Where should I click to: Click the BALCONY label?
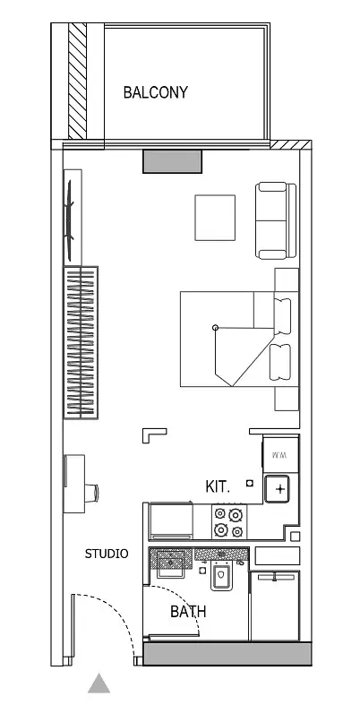(156, 92)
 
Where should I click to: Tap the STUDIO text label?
(107, 554)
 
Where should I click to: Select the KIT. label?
(218, 486)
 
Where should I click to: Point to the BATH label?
(188, 611)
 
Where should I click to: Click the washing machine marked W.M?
(281, 454)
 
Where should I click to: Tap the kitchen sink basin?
(277, 489)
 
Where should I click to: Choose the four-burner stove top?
(229, 521)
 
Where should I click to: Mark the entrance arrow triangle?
(99, 683)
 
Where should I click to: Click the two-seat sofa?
(276, 220)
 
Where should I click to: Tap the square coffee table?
(215, 218)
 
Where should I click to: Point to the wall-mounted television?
(70, 219)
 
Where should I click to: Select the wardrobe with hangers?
(81, 342)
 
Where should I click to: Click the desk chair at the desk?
(91, 493)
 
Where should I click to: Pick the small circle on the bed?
(215, 327)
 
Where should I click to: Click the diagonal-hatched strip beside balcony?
(77, 81)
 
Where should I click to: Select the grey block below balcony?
(172, 161)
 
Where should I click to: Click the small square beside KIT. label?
(250, 484)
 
